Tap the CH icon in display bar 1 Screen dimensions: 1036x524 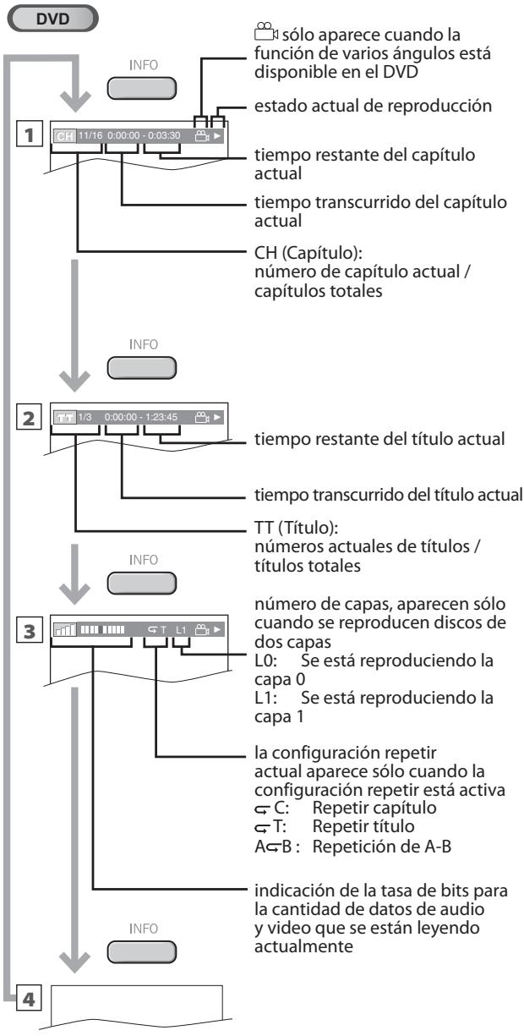click(x=63, y=136)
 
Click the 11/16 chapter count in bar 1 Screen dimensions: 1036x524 click(x=89, y=136)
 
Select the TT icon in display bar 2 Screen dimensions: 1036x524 click(x=63, y=418)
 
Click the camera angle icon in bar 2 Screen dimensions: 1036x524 click(x=201, y=418)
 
